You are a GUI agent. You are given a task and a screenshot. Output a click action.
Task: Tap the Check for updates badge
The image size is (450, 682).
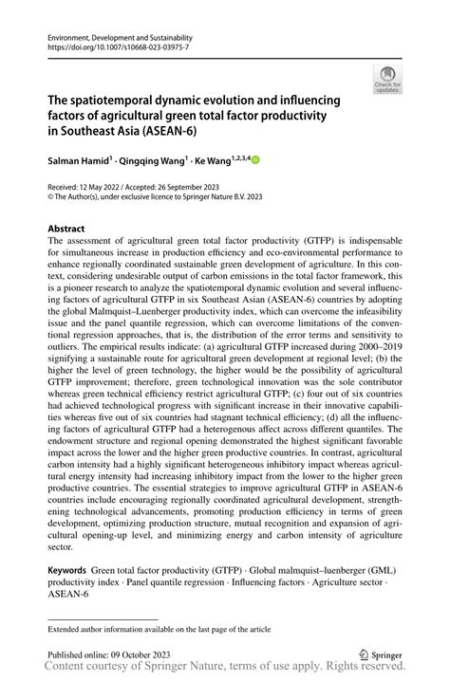click(x=387, y=81)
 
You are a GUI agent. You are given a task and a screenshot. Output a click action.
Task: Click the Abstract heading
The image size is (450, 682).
click(x=66, y=229)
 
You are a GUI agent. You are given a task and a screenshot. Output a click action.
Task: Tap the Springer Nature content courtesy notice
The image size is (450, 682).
click(x=224, y=670)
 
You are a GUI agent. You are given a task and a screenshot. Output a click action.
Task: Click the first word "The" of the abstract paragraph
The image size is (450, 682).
click(x=56, y=242)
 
